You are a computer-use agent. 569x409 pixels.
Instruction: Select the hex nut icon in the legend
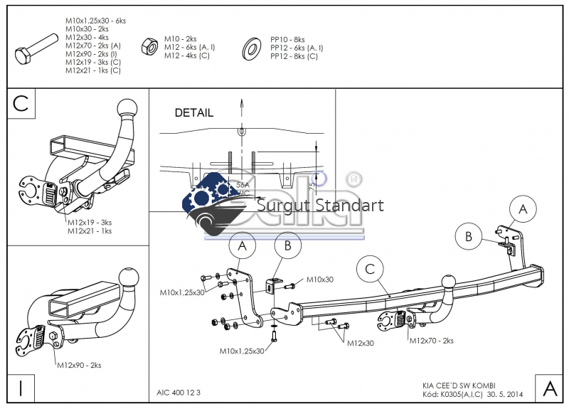click(x=149, y=46)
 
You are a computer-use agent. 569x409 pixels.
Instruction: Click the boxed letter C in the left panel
click(x=21, y=103)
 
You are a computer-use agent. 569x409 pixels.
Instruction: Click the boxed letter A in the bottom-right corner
click(x=549, y=388)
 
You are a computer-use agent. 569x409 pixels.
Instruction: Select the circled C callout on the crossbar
click(x=369, y=270)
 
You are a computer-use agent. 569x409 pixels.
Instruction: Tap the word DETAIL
click(x=193, y=112)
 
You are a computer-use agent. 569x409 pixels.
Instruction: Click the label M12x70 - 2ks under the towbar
click(x=431, y=341)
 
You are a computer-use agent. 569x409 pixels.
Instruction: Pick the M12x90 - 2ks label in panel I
click(x=79, y=365)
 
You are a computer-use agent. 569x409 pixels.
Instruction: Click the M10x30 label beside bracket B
click(x=319, y=280)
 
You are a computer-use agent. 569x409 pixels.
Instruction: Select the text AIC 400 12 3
click(x=179, y=392)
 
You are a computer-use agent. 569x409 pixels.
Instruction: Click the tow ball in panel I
click(x=129, y=276)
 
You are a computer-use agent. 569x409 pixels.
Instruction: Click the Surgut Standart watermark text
click(x=319, y=206)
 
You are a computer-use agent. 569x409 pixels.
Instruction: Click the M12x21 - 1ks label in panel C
click(x=90, y=230)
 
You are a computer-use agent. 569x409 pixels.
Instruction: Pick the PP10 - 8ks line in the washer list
click(x=287, y=40)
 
